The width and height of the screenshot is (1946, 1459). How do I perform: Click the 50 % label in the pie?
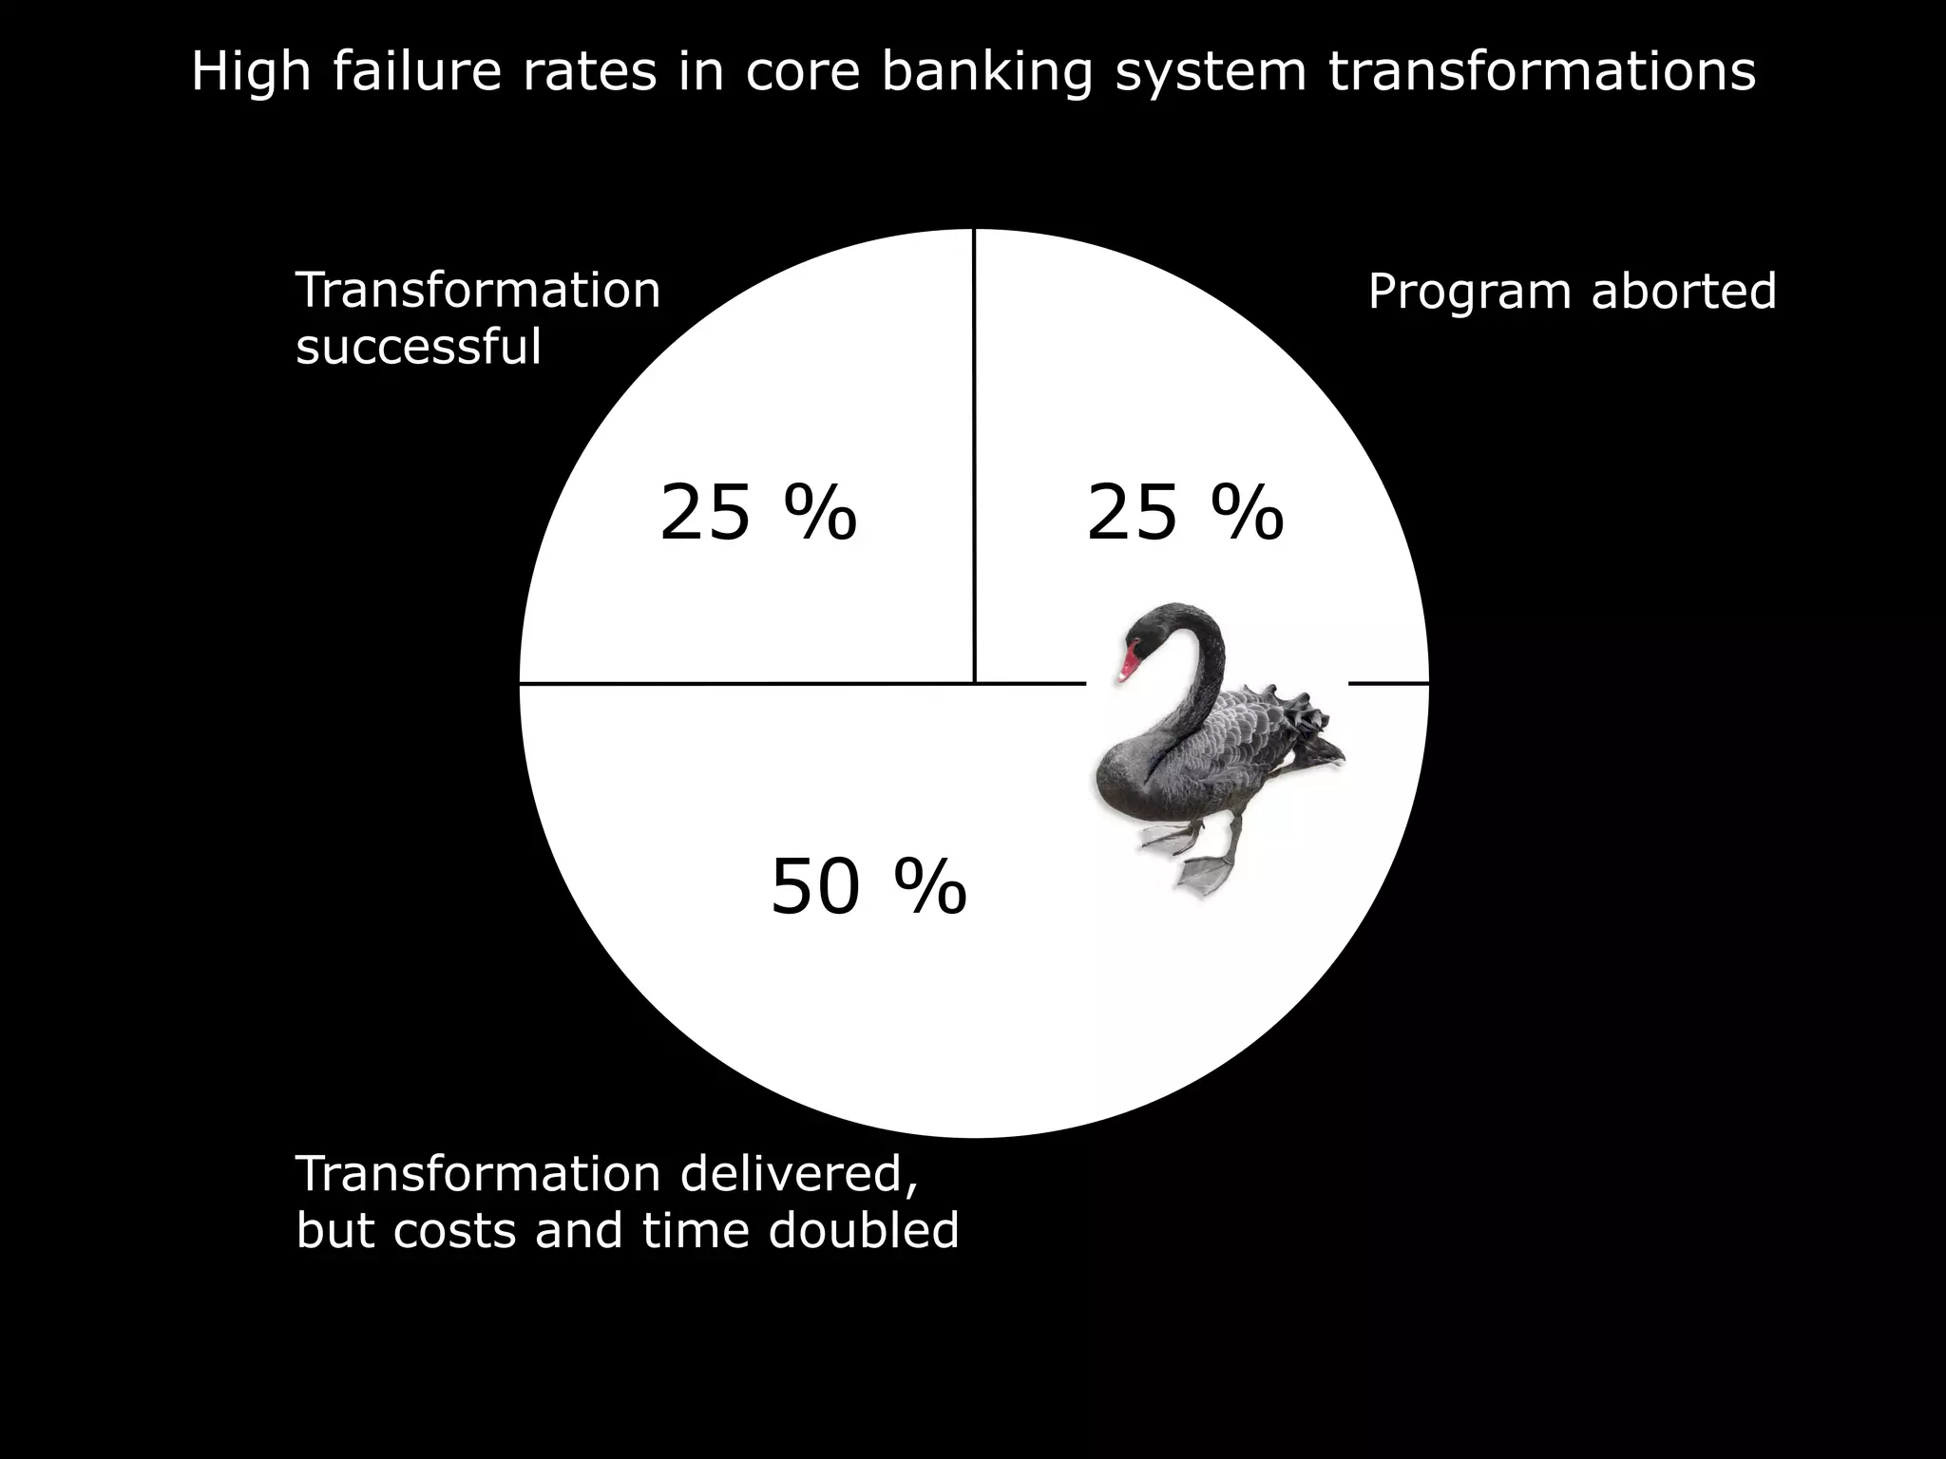pyautogui.click(x=868, y=887)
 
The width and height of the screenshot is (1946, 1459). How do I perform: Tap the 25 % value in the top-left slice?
pyautogui.click(x=757, y=513)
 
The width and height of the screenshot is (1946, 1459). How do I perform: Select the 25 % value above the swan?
pyautogui.click(x=1184, y=513)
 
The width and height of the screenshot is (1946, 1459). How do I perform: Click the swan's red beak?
pyautogui.click(x=1128, y=663)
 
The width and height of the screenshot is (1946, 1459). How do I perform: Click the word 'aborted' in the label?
pyautogui.click(x=1683, y=291)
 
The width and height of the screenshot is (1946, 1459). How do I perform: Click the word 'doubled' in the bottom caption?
pyautogui.click(x=863, y=1230)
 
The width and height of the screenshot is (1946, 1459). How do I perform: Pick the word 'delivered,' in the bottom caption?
pyautogui.click(x=798, y=1174)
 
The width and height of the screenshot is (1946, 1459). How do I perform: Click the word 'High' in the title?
pyautogui.click(x=251, y=72)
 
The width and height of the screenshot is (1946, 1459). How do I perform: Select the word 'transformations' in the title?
pyautogui.click(x=1541, y=72)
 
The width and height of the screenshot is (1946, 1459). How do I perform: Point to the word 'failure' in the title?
pyautogui.click(x=416, y=72)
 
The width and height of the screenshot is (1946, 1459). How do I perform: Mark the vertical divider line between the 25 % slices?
pyautogui.click(x=974, y=456)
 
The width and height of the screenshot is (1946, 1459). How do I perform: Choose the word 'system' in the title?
pyautogui.click(x=1211, y=74)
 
